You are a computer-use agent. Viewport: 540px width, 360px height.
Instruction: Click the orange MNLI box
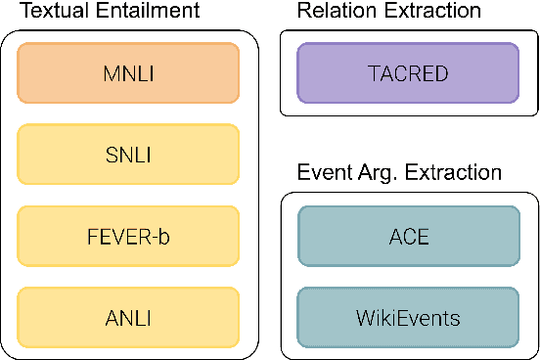pyautogui.click(x=128, y=71)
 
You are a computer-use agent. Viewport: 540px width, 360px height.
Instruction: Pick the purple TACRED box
pyautogui.click(x=409, y=71)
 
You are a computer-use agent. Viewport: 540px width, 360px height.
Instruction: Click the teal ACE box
pyautogui.click(x=409, y=238)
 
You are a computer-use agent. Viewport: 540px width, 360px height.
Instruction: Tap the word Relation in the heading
pyautogui.click(x=334, y=12)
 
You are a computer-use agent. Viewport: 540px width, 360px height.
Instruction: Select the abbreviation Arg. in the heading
pyautogui.click(x=373, y=175)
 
